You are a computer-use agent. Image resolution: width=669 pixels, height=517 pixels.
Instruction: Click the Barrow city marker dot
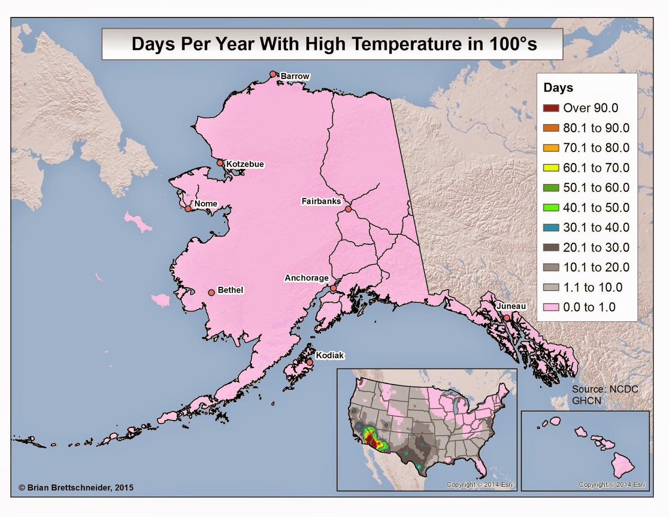tap(273, 74)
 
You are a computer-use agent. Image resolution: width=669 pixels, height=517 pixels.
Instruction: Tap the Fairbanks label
tap(321, 201)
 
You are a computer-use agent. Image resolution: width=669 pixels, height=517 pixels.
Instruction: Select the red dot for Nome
tap(188, 209)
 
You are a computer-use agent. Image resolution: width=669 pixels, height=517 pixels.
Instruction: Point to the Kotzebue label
tap(245, 164)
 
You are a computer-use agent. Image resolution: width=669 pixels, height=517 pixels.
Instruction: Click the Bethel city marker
tap(211, 292)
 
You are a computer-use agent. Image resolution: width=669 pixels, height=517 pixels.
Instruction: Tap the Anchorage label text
tap(306, 278)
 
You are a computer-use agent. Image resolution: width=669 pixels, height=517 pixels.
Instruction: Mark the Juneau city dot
tap(507, 318)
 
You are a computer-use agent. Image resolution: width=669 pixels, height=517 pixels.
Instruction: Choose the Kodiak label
tap(329, 355)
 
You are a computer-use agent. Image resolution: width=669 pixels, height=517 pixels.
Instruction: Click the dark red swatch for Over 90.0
tap(551, 108)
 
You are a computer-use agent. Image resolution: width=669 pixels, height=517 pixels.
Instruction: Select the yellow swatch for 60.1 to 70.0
tap(551, 168)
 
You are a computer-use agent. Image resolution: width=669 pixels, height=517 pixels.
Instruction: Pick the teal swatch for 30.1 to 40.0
tap(551, 227)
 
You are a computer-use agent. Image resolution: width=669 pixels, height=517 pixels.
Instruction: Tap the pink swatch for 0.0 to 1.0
tap(551, 307)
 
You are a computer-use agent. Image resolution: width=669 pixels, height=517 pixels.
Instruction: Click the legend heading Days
tap(558, 88)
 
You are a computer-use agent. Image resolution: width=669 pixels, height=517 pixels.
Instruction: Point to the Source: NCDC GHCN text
tap(604, 395)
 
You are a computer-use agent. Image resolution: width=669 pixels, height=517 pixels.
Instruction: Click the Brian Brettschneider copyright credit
tap(76, 487)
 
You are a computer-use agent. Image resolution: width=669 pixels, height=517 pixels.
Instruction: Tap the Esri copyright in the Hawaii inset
tap(612, 484)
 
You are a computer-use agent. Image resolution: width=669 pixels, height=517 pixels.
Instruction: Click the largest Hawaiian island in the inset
tap(623, 466)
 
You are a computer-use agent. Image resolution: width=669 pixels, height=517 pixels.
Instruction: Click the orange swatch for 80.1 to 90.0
tap(551, 128)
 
